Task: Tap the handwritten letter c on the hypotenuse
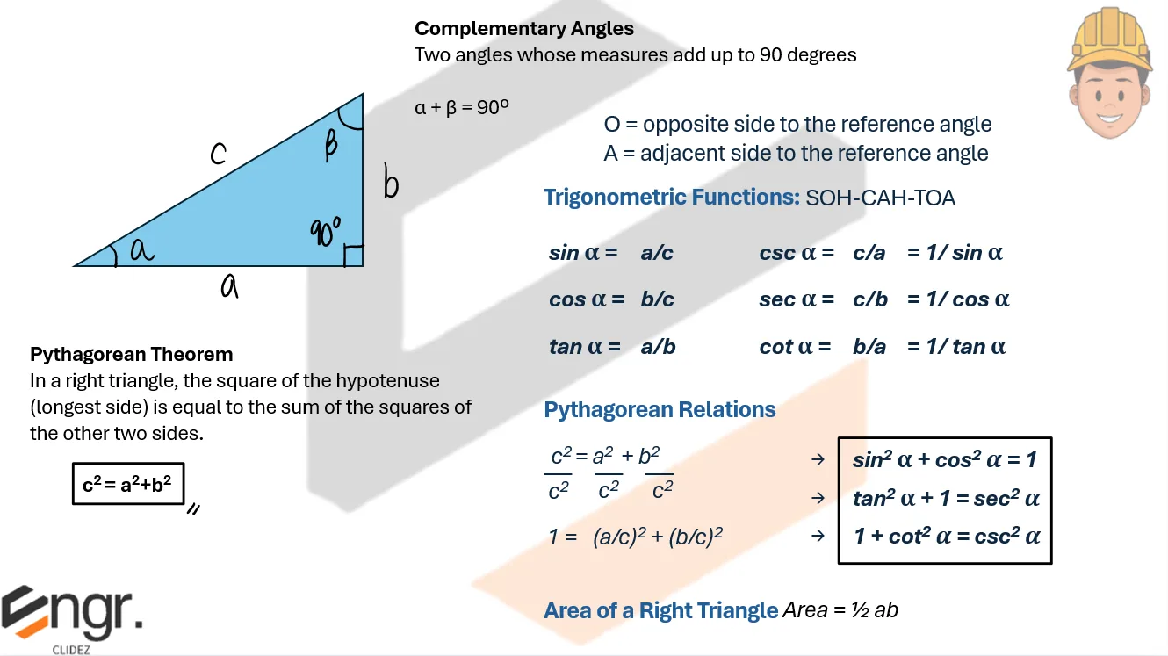(x=218, y=154)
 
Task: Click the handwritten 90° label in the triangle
(x=325, y=232)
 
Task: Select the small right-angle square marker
(x=353, y=256)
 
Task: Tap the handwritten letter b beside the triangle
(x=391, y=184)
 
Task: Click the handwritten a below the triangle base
(x=229, y=285)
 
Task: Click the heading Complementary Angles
(x=524, y=28)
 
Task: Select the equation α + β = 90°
(x=462, y=108)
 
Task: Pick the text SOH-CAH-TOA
(x=880, y=198)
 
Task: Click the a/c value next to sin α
(x=657, y=253)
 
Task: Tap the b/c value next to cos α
(x=657, y=299)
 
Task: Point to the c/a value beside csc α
(x=869, y=253)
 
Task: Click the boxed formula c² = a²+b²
(x=127, y=484)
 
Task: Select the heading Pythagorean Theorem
(x=132, y=355)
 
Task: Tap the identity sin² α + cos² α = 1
(x=945, y=459)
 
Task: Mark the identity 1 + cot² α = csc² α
(x=947, y=536)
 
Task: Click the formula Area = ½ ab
(x=840, y=609)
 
